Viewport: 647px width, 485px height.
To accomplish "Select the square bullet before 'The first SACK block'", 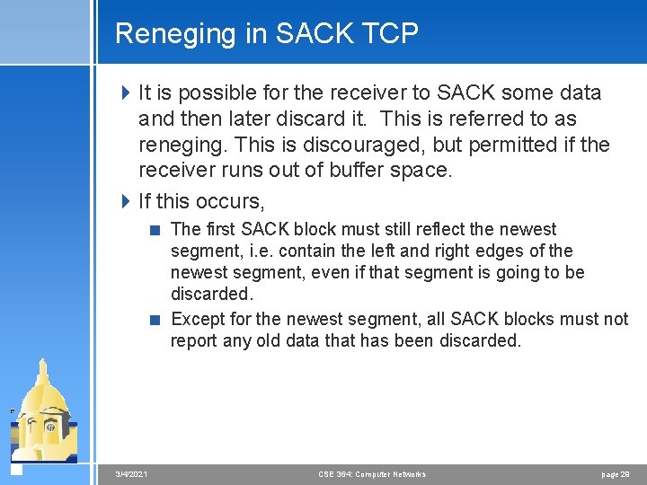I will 156,230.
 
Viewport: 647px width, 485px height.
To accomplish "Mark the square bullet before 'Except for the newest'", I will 156,320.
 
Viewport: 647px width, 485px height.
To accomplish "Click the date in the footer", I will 132,473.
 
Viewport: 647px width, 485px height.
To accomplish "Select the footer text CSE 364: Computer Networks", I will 372,473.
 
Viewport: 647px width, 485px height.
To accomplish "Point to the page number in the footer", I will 616,473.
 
